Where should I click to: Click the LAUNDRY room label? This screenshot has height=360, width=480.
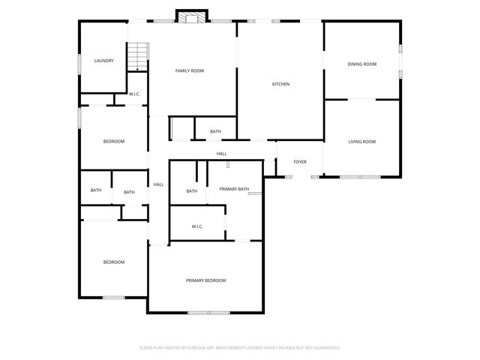(103, 61)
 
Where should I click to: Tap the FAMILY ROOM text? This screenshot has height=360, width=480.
(190, 70)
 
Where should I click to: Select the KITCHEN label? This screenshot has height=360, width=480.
(280, 84)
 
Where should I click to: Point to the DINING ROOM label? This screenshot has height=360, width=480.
(361, 64)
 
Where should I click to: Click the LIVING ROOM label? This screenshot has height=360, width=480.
(361, 142)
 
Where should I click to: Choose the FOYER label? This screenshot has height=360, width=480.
(300, 161)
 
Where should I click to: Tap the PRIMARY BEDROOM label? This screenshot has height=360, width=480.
(205, 280)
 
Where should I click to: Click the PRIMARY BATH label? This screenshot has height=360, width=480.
(234, 190)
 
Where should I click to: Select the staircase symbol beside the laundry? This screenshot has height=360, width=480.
(136, 57)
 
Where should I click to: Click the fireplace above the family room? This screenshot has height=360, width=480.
(190, 16)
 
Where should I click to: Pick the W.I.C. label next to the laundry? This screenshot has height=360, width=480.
(135, 94)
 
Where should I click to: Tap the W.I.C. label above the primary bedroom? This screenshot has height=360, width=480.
(197, 226)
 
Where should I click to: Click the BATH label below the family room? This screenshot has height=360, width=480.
(215, 132)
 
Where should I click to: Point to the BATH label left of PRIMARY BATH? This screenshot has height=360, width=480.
(192, 191)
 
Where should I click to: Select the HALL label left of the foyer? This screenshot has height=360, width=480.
(222, 154)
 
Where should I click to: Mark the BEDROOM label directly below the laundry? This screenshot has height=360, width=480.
(114, 142)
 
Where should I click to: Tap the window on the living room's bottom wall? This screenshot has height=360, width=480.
(360, 177)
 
